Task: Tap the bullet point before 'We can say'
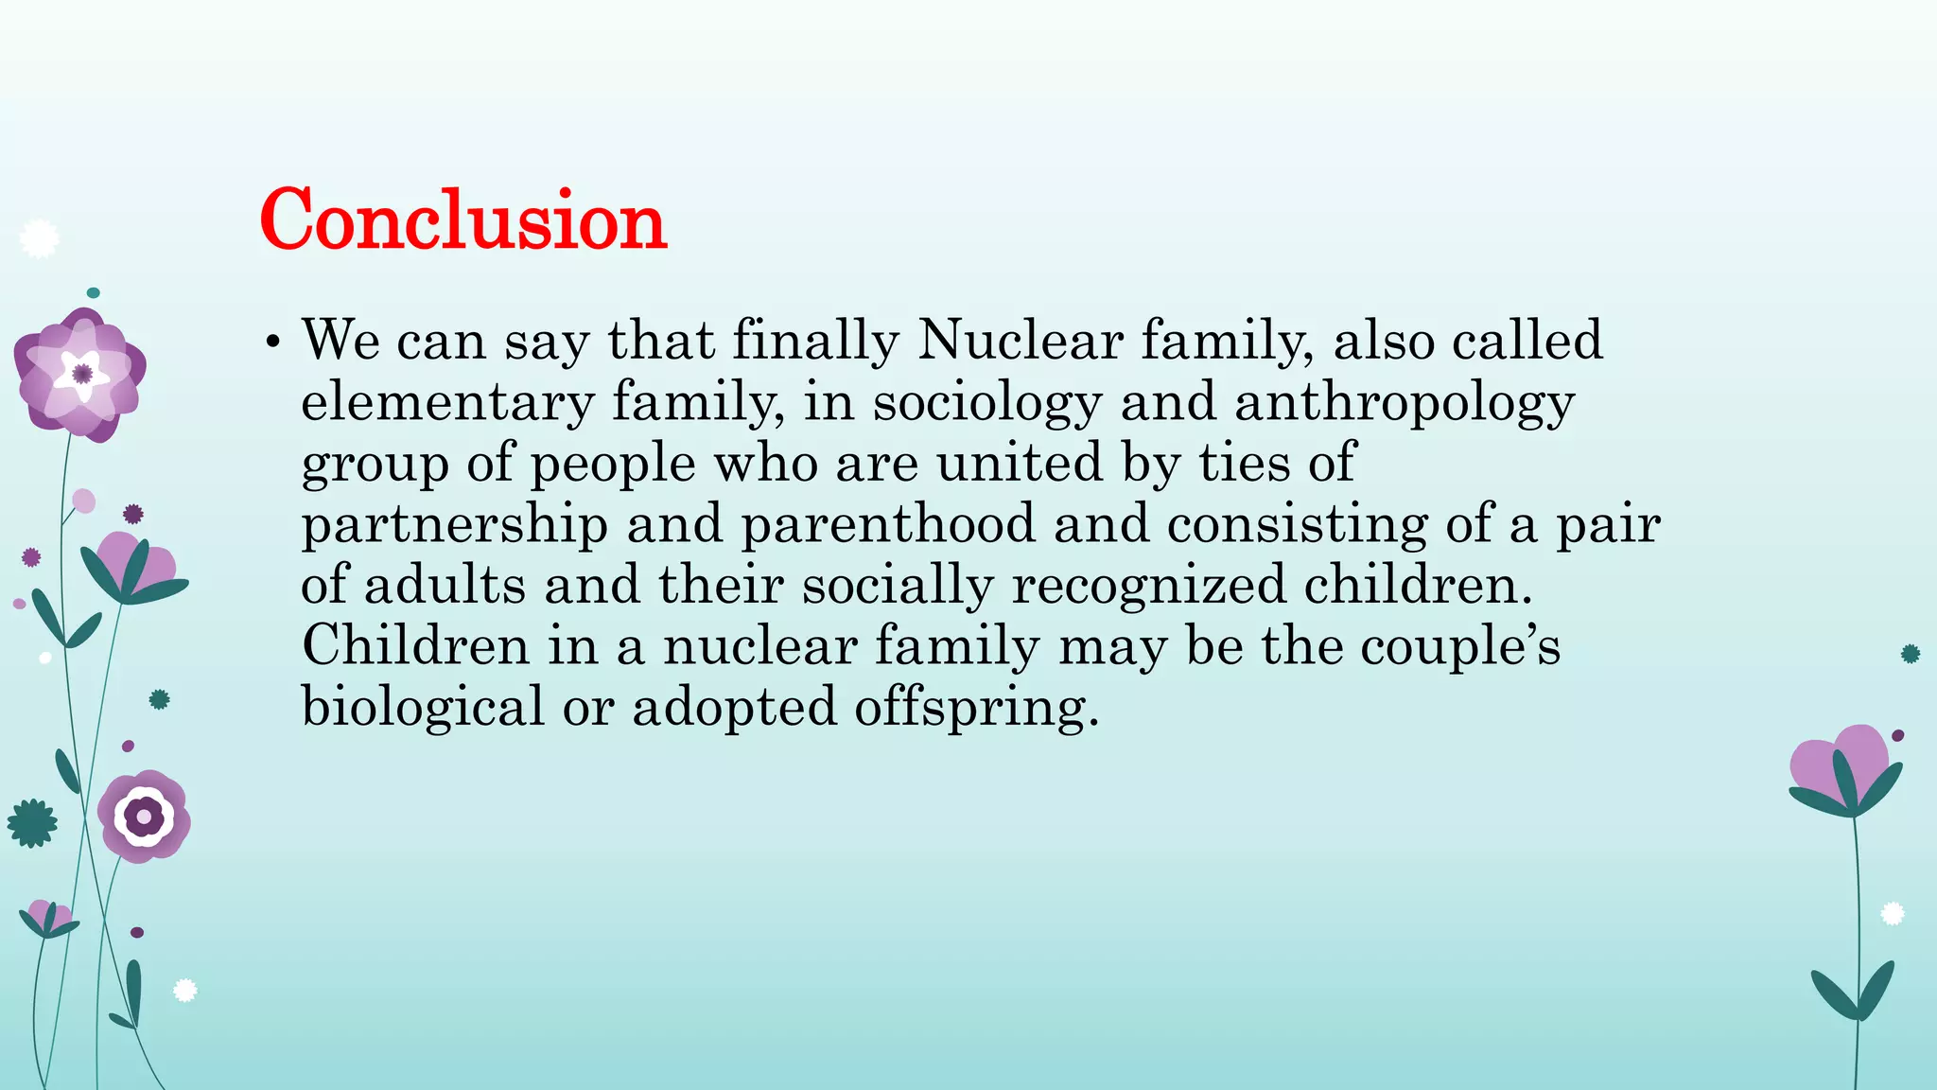[272, 342]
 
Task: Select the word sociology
[987, 402]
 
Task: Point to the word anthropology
[1405, 402]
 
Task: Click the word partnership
[455, 524]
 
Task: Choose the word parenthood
[888, 524]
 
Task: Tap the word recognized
[1149, 585]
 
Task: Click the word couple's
[1460, 646]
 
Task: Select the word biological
[423, 707]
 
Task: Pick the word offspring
[977, 709]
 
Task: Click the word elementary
[447, 402]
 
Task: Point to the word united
[1020, 463]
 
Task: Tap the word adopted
[734, 709]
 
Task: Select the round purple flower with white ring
[144, 816]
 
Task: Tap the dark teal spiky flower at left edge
[32, 823]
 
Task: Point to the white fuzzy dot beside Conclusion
[39, 238]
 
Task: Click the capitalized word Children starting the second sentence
[415, 646]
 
